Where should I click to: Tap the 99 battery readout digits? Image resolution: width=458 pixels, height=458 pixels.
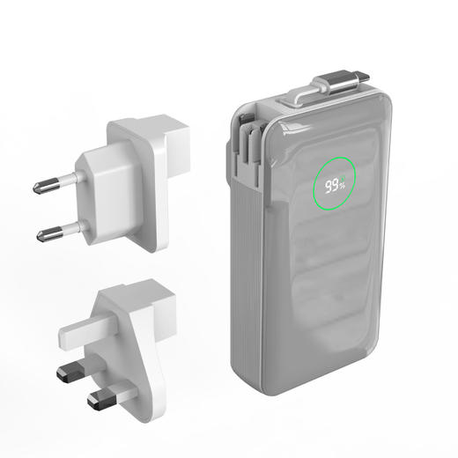point(331,186)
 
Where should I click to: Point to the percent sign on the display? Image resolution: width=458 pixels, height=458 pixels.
point(343,184)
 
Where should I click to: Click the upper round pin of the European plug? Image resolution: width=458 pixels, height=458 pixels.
point(55,184)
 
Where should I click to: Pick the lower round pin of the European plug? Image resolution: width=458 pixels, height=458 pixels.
point(59,232)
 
